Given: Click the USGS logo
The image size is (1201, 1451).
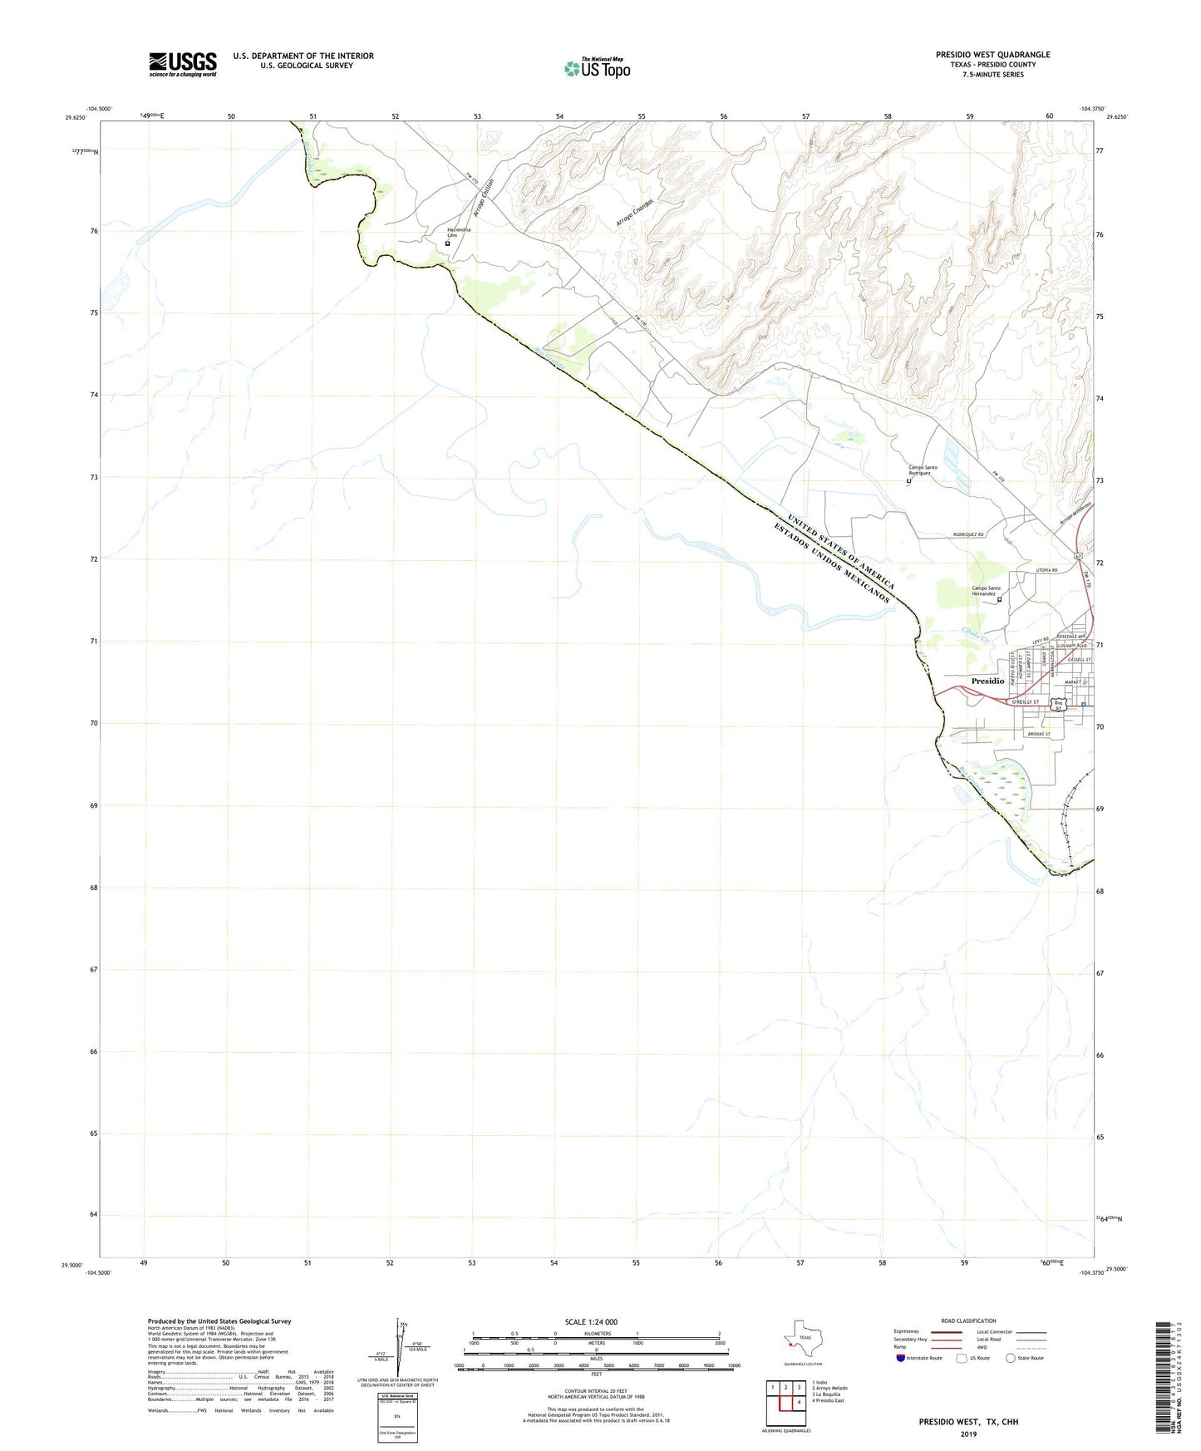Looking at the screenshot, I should pyautogui.click(x=182, y=64).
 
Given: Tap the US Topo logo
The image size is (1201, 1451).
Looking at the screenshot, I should pyautogui.click(x=597, y=68).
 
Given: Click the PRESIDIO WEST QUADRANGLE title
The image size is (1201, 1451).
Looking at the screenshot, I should pyautogui.click(x=992, y=55).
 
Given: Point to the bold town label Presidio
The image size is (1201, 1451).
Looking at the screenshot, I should pyautogui.click(x=987, y=681).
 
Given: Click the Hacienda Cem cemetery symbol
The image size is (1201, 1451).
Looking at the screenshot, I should pyautogui.click(x=448, y=243).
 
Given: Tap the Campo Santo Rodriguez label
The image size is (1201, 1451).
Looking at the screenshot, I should pyautogui.click(x=923, y=470).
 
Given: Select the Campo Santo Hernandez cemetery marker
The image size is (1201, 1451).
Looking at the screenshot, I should pyautogui.click(x=1000, y=599).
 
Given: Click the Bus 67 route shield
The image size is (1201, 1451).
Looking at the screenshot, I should pyautogui.click(x=1058, y=705).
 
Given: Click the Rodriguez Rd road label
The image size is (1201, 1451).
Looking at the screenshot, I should pyautogui.click(x=968, y=535).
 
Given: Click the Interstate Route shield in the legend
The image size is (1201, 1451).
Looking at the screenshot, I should pyautogui.click(x=902, y=1358).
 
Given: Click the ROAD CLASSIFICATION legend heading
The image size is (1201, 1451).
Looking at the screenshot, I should pyautogui.click(x=968, y=1321).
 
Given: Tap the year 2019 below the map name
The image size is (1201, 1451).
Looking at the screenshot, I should pyautogui.click(x=968, y=1434).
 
